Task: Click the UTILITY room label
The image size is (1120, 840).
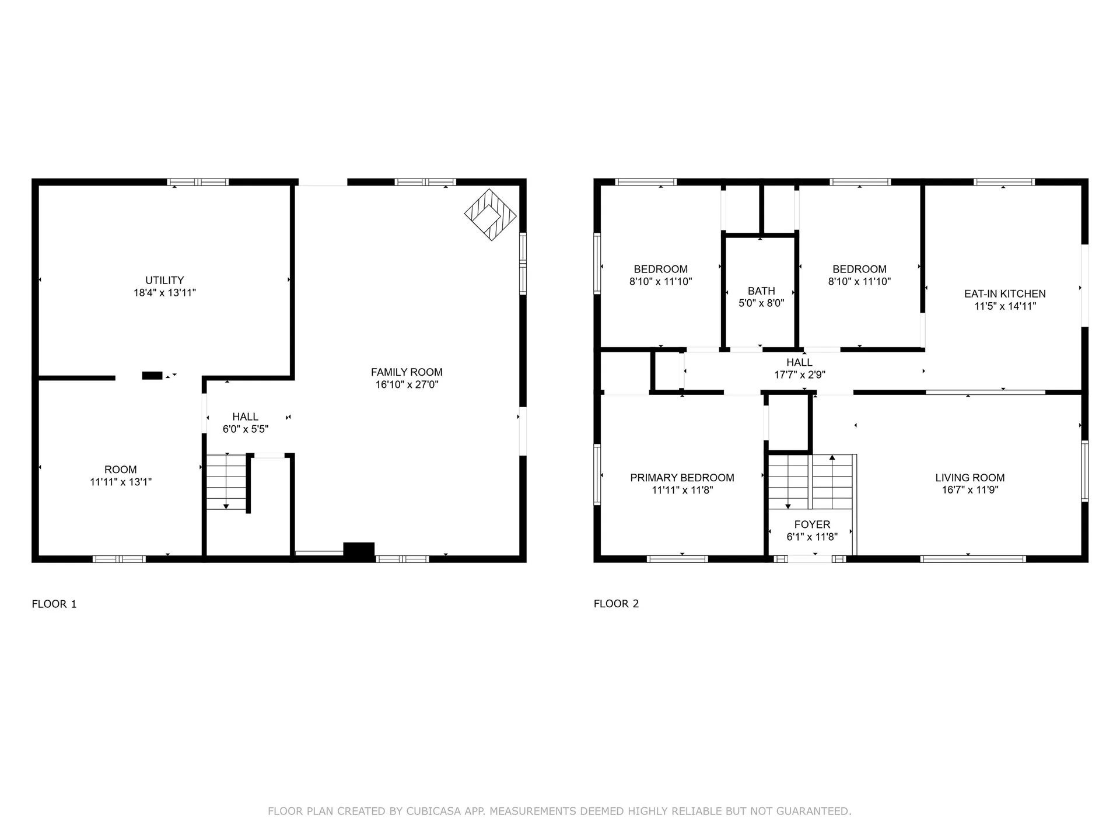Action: click(x=164, y=281)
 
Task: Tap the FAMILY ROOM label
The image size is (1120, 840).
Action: click(x=407, y=372)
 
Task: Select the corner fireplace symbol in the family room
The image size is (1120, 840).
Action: click(x=491, y=215)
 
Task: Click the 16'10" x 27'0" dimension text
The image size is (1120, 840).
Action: click(x=407, y=385)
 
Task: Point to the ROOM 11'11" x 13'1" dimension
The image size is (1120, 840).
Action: click(x=121, y=482)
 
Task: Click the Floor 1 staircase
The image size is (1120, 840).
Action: click(x=227, y=481)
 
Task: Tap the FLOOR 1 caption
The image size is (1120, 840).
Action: click(x=54, y=604)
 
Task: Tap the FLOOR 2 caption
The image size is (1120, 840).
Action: click(x=616, y=604)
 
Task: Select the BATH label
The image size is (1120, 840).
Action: click(x=761, y=291)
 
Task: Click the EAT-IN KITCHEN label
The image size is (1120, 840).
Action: click(x=1005, y=294)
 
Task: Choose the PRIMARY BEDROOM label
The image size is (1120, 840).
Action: click(x=682, y=478)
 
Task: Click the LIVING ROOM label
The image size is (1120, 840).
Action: click(x=970, y=478)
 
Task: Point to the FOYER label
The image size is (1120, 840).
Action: click(x=812, y=524)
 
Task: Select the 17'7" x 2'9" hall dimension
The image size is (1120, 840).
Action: click(x=799, y=375)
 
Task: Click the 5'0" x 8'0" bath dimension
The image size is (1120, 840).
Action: click(x=761, y=303)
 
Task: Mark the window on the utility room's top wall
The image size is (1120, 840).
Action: click(x=198, y=182)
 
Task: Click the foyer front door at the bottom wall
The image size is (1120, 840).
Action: click(x=810, y=559)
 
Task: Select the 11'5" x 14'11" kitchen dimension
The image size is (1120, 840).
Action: click(x=1005, y=306)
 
